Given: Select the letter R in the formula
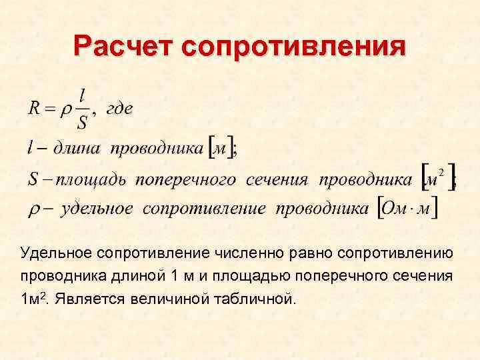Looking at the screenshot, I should tap(34, 109).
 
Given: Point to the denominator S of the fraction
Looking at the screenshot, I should tap(82, 123).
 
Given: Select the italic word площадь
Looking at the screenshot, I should tap(91, 179).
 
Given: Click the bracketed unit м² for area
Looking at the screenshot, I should tap(436, 178).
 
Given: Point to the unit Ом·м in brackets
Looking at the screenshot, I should tap(408, 209).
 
